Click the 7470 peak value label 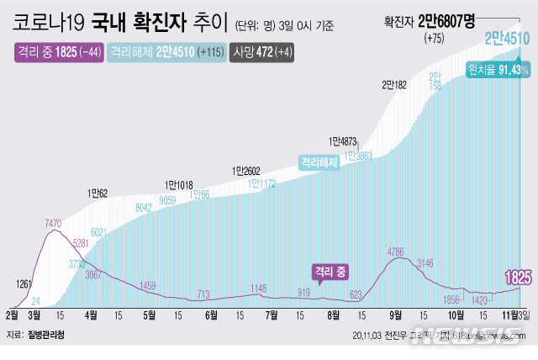click(54, 224)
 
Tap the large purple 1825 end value click(516, 277)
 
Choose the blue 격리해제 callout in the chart click(320, 162)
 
